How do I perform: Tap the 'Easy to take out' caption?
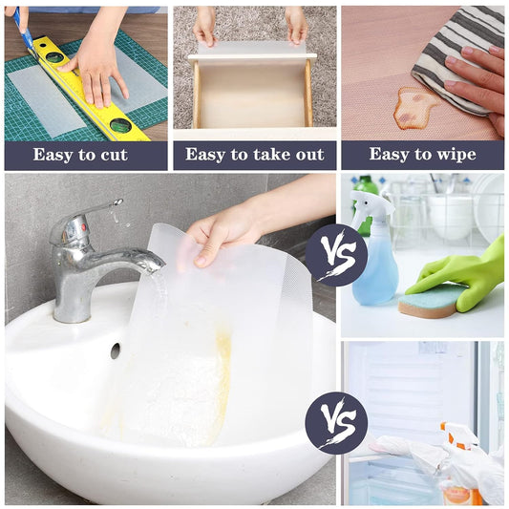coord(254,155)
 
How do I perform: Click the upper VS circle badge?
coord(336,255)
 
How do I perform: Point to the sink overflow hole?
coord(115,350)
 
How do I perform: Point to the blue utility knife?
coord(23,29)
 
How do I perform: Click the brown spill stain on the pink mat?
coord(417,107)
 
